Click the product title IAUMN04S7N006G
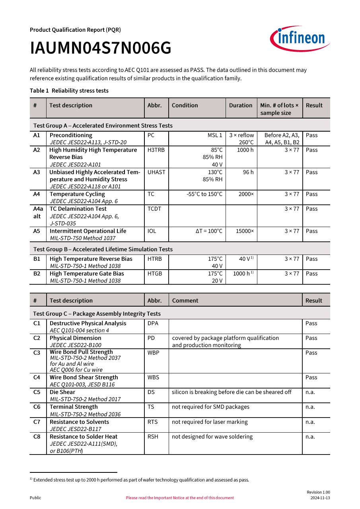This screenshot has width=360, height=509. click(x=101, y=49)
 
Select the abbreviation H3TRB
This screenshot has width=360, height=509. click(x=156, y=150)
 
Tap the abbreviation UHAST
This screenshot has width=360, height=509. click(x=156, y=172)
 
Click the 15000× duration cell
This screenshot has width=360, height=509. click(x=245, y=231)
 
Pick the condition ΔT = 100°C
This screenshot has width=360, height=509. click(x=209, y=231)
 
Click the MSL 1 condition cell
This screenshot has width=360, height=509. click(x=215, y=135)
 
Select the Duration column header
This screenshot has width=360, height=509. click(x=241, y=105)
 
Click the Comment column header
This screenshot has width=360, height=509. click(x=185, y=301)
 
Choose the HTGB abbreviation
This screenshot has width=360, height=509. click(x=155, y=274)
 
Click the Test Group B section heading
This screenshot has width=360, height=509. click(x=103, y=249)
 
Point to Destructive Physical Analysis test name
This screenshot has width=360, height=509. click(x=88, y=323)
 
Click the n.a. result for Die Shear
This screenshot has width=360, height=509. click(x=310, y=392)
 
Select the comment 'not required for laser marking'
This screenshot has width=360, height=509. click(x=210, y=422)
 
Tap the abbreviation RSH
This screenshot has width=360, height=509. click(x=153, y=437)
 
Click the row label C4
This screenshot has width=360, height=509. click(x=37, y=377)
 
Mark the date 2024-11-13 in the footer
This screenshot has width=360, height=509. click(x=320, y=498)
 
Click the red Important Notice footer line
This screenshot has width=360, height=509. click(x=180, y=498)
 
